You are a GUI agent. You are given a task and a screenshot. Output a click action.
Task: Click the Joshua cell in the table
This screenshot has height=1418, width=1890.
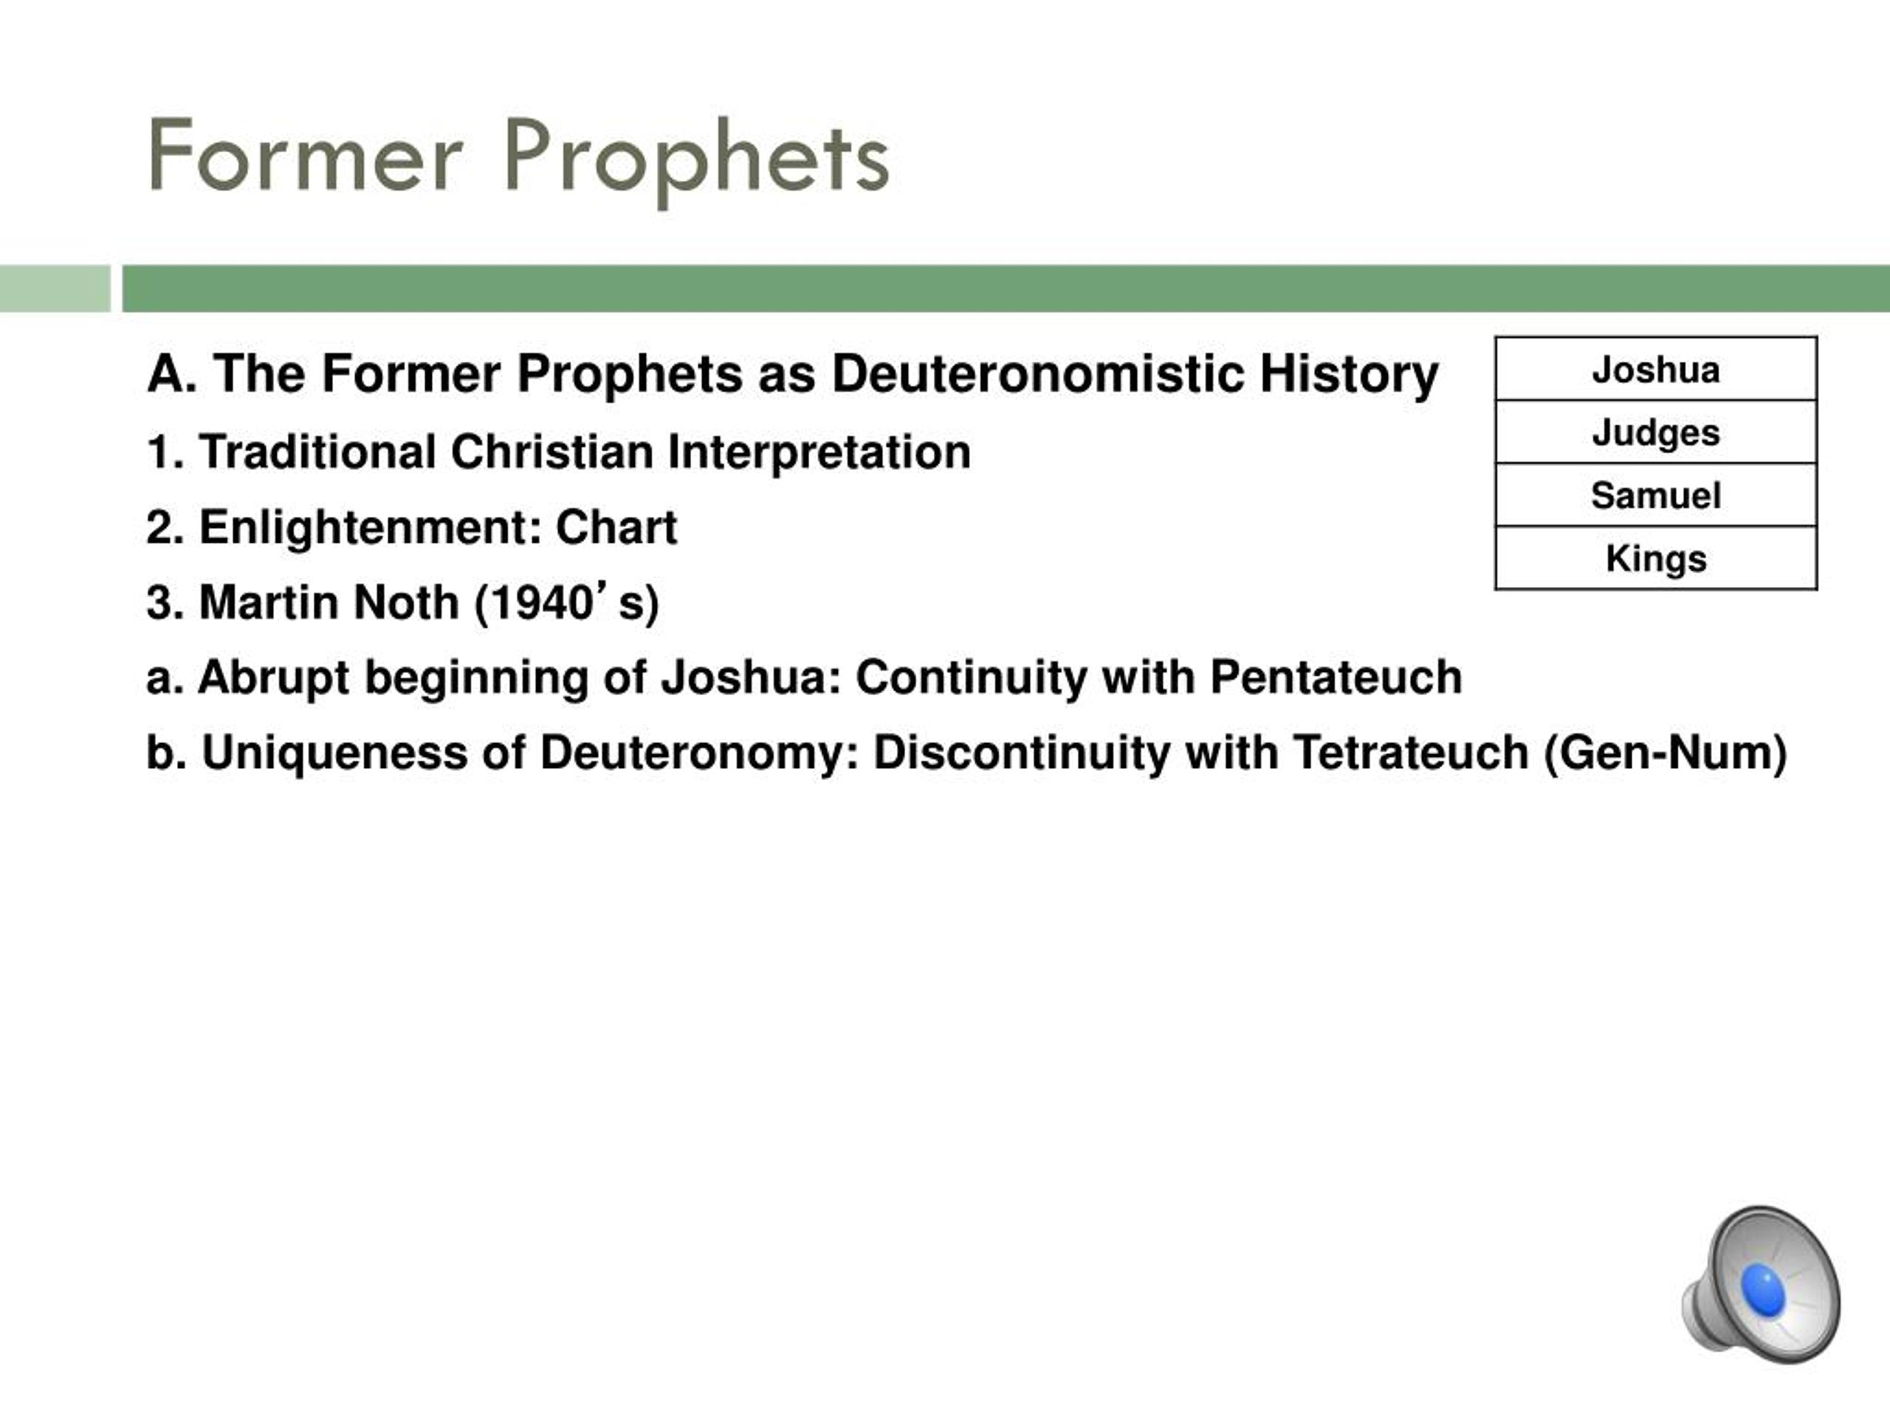coord(1656,369)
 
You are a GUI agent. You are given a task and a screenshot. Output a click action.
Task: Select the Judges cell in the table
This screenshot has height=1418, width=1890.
coord(1656,431)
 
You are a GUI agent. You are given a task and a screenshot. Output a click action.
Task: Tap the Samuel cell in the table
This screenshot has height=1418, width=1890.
coord(1656,495)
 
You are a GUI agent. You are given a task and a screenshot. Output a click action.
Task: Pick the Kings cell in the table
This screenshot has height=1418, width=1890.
coord(1656,558)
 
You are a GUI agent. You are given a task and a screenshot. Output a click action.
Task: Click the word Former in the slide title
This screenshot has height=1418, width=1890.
coord(305,157)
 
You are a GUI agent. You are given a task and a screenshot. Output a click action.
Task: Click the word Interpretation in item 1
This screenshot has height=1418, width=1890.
coord(819,453)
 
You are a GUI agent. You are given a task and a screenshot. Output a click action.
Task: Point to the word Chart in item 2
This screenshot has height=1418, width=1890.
coord(616,527)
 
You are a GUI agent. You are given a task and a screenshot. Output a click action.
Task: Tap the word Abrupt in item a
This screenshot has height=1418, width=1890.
coord(272,679)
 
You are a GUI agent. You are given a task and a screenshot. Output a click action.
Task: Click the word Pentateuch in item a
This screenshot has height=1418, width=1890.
coord(1336,677)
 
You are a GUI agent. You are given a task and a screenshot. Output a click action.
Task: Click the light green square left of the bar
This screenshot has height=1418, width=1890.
coord(55,289)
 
